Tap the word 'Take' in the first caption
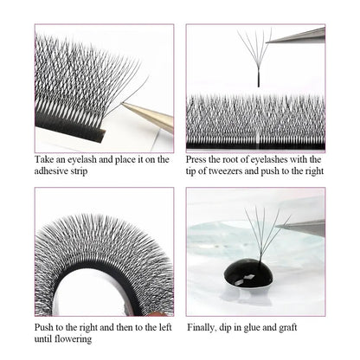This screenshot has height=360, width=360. click(x=43, y=159)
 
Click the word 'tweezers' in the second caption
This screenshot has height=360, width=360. click(x=226, y=170)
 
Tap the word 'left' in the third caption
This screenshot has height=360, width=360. click(x=165, y=327)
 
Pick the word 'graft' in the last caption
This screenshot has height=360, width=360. click(x=288, y=327)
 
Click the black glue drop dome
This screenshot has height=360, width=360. click(x=248, y=273)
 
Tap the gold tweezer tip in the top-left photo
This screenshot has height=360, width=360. click(x=123, y=104)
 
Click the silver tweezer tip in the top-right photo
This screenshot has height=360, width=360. click(x=267, y=42)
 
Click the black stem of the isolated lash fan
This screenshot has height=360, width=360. click(x=259, y=80)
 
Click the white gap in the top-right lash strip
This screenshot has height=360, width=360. click(x=258, y=136)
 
